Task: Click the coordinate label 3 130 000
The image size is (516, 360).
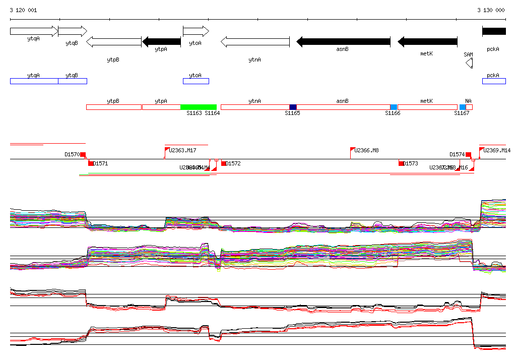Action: pyautogui.click(x=491, y=10)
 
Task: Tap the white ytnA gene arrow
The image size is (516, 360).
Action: pyautogui.click(x=255, y=42)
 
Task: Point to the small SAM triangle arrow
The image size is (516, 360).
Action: pyautogui.click(x=469, y=63)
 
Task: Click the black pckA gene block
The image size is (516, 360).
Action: pyautogui.click(x=494, y=31)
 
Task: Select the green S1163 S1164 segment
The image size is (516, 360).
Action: pyautogui.click(x=199, y=107)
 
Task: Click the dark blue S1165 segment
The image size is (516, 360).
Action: pyautogui.click(x=293, y=107)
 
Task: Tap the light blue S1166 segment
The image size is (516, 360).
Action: pyautogui.click(x=394, y=107)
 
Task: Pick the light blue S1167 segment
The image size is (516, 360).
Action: pyautogui.click(x=462, y=107)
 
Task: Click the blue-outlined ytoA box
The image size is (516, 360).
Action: pyautogui.click(x=196, y=81)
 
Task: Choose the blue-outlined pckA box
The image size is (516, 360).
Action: pyautogui.click(x=494, y=81)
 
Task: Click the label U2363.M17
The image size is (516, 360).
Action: pyautogui.click(x=182, y=150)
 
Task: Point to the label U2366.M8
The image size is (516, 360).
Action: pyautogui.click(x=366, y=150)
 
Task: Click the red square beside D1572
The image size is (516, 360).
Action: pyautogui.click(x=224, y=163)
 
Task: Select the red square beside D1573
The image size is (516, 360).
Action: pyautogui.click(x=401, y=163)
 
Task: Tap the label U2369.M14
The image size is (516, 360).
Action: pyautogui.click(x=497, y=150)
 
